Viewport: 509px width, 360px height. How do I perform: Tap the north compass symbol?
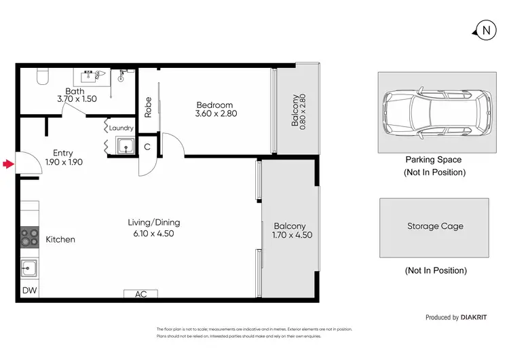click(485, 30)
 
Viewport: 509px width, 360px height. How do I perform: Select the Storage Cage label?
click(435, 226)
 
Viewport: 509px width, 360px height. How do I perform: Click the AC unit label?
click(141, 294)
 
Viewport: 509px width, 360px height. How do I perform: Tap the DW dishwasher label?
click(29, 291)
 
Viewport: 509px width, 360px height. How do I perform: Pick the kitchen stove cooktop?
click(29, 237)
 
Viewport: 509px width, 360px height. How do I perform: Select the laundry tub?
click(124, 145)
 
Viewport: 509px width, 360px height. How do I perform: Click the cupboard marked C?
click(147, 146)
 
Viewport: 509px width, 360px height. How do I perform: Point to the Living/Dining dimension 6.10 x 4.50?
click(154, 232)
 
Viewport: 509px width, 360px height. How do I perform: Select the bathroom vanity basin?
click(92, 76)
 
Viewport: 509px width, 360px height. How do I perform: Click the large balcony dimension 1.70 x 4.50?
click(290, 236)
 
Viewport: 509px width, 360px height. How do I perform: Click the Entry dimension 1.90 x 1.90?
click(58, 162)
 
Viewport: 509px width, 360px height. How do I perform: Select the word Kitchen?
click(60, 239)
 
